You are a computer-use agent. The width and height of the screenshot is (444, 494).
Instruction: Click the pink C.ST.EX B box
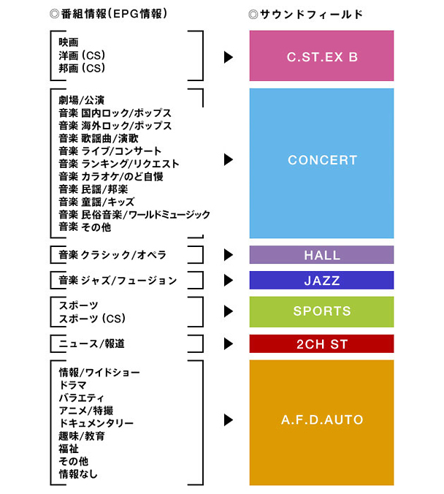[321, 56]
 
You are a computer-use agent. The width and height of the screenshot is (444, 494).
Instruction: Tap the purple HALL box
[321, 255]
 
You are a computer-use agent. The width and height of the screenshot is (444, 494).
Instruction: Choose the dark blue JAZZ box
[321, 280]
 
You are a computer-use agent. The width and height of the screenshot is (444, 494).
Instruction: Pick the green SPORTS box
[321, 311]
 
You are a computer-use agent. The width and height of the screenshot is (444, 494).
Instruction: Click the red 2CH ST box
[321, 343]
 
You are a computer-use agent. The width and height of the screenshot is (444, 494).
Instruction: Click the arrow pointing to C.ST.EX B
[229, 56]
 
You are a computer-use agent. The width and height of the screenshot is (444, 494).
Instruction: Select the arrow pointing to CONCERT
[229, 159]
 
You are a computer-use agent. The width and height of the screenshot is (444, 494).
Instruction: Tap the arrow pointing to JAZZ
[229, 280]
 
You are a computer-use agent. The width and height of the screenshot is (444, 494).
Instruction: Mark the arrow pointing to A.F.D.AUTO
[229, 420]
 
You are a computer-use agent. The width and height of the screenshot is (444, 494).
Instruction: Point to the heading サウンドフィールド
[306, 14]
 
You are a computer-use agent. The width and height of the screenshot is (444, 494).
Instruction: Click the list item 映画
[69, 42]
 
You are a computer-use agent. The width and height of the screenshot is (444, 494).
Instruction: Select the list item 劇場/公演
[82, 100]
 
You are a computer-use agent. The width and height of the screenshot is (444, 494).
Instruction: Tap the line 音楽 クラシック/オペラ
[112, 255]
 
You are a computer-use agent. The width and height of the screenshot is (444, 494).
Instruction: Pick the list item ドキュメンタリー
[96, 423]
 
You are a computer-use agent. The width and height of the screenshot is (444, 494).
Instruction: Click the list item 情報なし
[78, 474]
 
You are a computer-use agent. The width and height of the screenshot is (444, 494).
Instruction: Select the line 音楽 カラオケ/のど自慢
[111, 176]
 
